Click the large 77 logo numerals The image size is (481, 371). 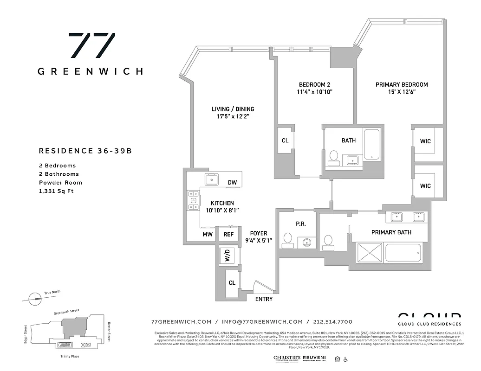[x=91, y=45]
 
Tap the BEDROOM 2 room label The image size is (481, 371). [x=314, y=84]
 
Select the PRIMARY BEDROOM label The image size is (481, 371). [x=402, y=84]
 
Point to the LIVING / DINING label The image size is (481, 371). [x=233, y=109]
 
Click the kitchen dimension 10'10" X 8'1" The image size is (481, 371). [x=222, y=210]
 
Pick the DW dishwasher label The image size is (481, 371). [x=232, y=182]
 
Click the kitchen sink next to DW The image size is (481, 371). [x=212, y=179]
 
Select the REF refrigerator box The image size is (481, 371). [x=228, y=234]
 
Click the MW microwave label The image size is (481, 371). [x=207, y=234]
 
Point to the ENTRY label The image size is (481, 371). [x=264, y=299]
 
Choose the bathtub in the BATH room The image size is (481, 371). [x=372, y=144]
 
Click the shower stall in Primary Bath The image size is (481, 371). [x=370, y=253]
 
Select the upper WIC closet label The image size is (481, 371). [x=425, y=141]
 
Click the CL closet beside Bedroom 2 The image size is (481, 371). [x=285, y=141]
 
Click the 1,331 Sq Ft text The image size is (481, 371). [x=56, y=191]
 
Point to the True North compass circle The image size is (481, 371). [x=34, y=299]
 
